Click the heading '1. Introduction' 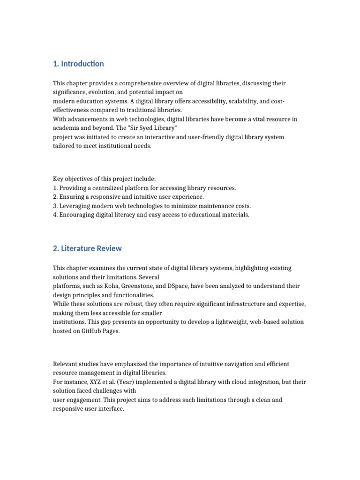click(x=78, y=64)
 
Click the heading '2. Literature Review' click(x=87, y=248)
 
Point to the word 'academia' click(x=67, y=128)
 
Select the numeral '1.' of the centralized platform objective click(x=55, y=188)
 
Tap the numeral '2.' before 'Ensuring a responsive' click(x=55, y=197)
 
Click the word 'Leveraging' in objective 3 click(x=76, y=206)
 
